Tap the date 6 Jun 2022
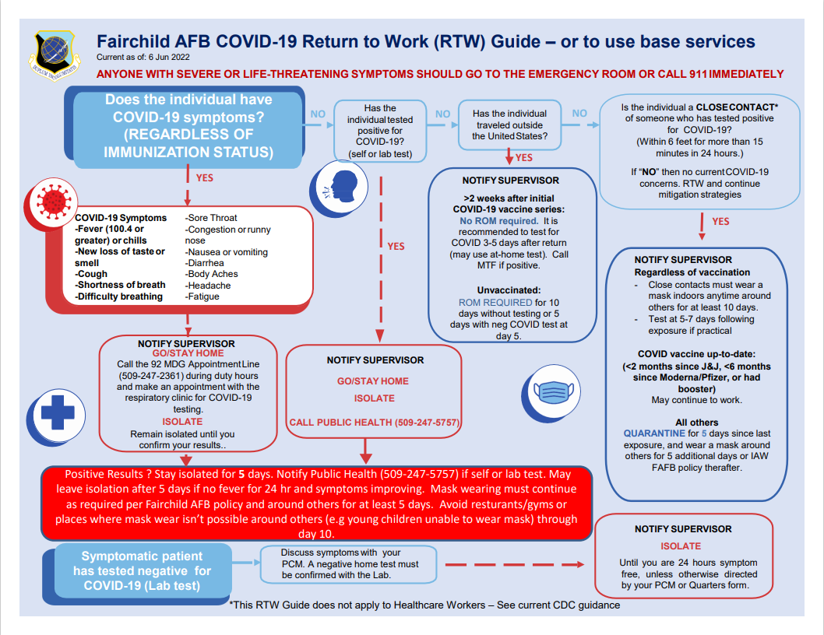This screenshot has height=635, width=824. click(x=171, y=58)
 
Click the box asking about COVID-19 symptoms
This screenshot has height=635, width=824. click(x=188, y=126)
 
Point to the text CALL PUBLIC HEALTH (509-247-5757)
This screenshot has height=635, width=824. click(x=374, y=423)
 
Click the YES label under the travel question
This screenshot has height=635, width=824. click(x=523, y=158)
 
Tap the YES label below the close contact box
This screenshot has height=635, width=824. click(x=720, y=222)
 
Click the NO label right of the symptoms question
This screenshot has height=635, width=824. click(x=318, y=114)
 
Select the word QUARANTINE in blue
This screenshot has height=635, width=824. click(x=653, y=433)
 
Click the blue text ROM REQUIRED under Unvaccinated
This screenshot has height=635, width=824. click(x=495, y=302)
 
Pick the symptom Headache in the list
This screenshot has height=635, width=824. click(x=208, y=286)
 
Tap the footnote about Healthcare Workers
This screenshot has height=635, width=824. click(x=424, y=605)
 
